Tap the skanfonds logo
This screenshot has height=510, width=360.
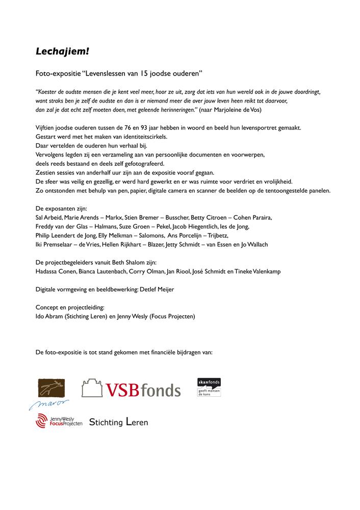coord(209,388)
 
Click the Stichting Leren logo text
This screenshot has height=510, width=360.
coord(118,422)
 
